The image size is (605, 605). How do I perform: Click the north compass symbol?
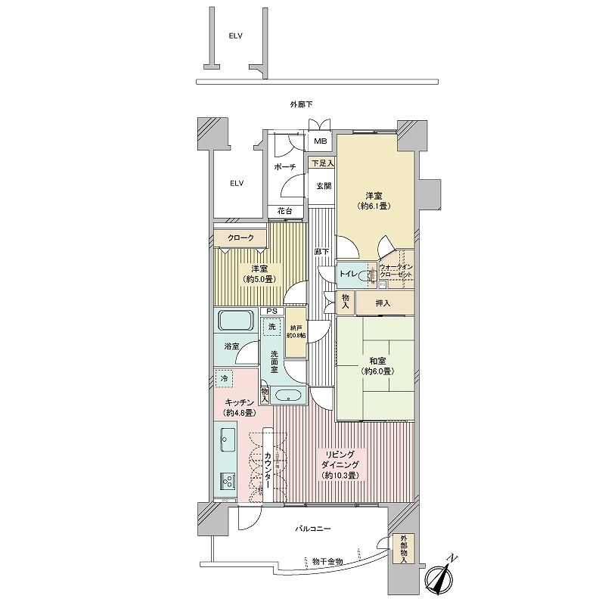click(x=440, y=576)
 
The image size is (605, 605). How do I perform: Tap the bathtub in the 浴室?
click(x=237, y=321)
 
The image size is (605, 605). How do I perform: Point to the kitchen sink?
click(x=227, y=440)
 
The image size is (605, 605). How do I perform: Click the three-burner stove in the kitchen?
click(x=228, y=480)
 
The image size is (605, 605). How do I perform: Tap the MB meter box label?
click(x=320, y=141)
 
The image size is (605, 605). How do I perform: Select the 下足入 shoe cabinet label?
click(x=323, y=163)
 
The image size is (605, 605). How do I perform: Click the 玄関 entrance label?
click(x=324, y=185)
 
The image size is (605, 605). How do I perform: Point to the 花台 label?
click(x=285, y=211)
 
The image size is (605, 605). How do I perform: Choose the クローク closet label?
click(x=240, y=237)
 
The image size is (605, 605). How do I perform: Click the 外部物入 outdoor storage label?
click(x=404, y=549)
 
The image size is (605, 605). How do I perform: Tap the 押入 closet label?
click(x=383, y=303)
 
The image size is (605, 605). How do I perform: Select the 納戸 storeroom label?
click(x=296, y=328)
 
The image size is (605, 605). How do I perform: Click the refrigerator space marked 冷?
click(x=224, y=379)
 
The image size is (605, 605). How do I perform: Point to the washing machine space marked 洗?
click(x=272, y=327)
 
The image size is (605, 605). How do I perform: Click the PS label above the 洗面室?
click(x=272, y=311)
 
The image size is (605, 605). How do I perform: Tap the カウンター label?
click(x=268, y=470)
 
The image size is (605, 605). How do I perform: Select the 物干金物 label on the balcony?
click(x=327, y=562)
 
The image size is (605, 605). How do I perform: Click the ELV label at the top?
click(x=235, y=36)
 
